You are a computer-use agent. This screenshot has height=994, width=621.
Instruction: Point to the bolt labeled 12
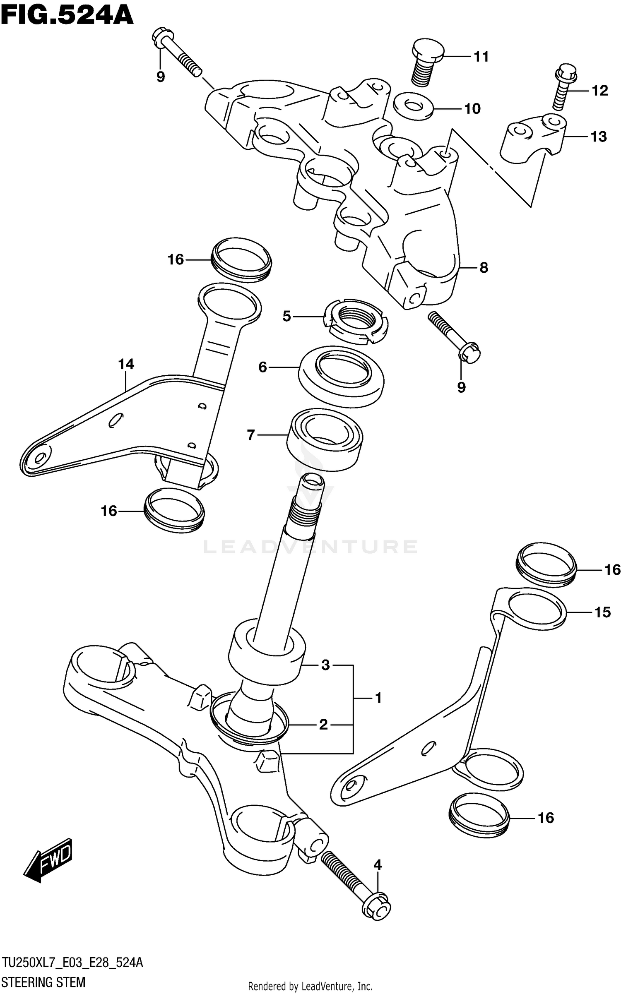pos(562,88)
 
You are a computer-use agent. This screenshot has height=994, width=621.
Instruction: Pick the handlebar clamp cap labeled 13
pos(532,139)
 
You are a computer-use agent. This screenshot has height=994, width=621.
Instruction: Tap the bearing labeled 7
pos(325,439)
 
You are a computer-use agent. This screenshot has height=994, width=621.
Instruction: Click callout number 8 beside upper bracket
pos(484,268)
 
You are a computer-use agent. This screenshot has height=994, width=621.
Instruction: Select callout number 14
pos(126,365)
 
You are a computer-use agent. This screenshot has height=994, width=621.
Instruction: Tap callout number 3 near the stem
pos(325,665)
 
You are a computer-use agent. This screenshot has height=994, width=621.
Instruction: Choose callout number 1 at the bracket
pos(378,699)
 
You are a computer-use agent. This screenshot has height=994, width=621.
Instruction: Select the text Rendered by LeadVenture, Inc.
pos(310,986)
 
